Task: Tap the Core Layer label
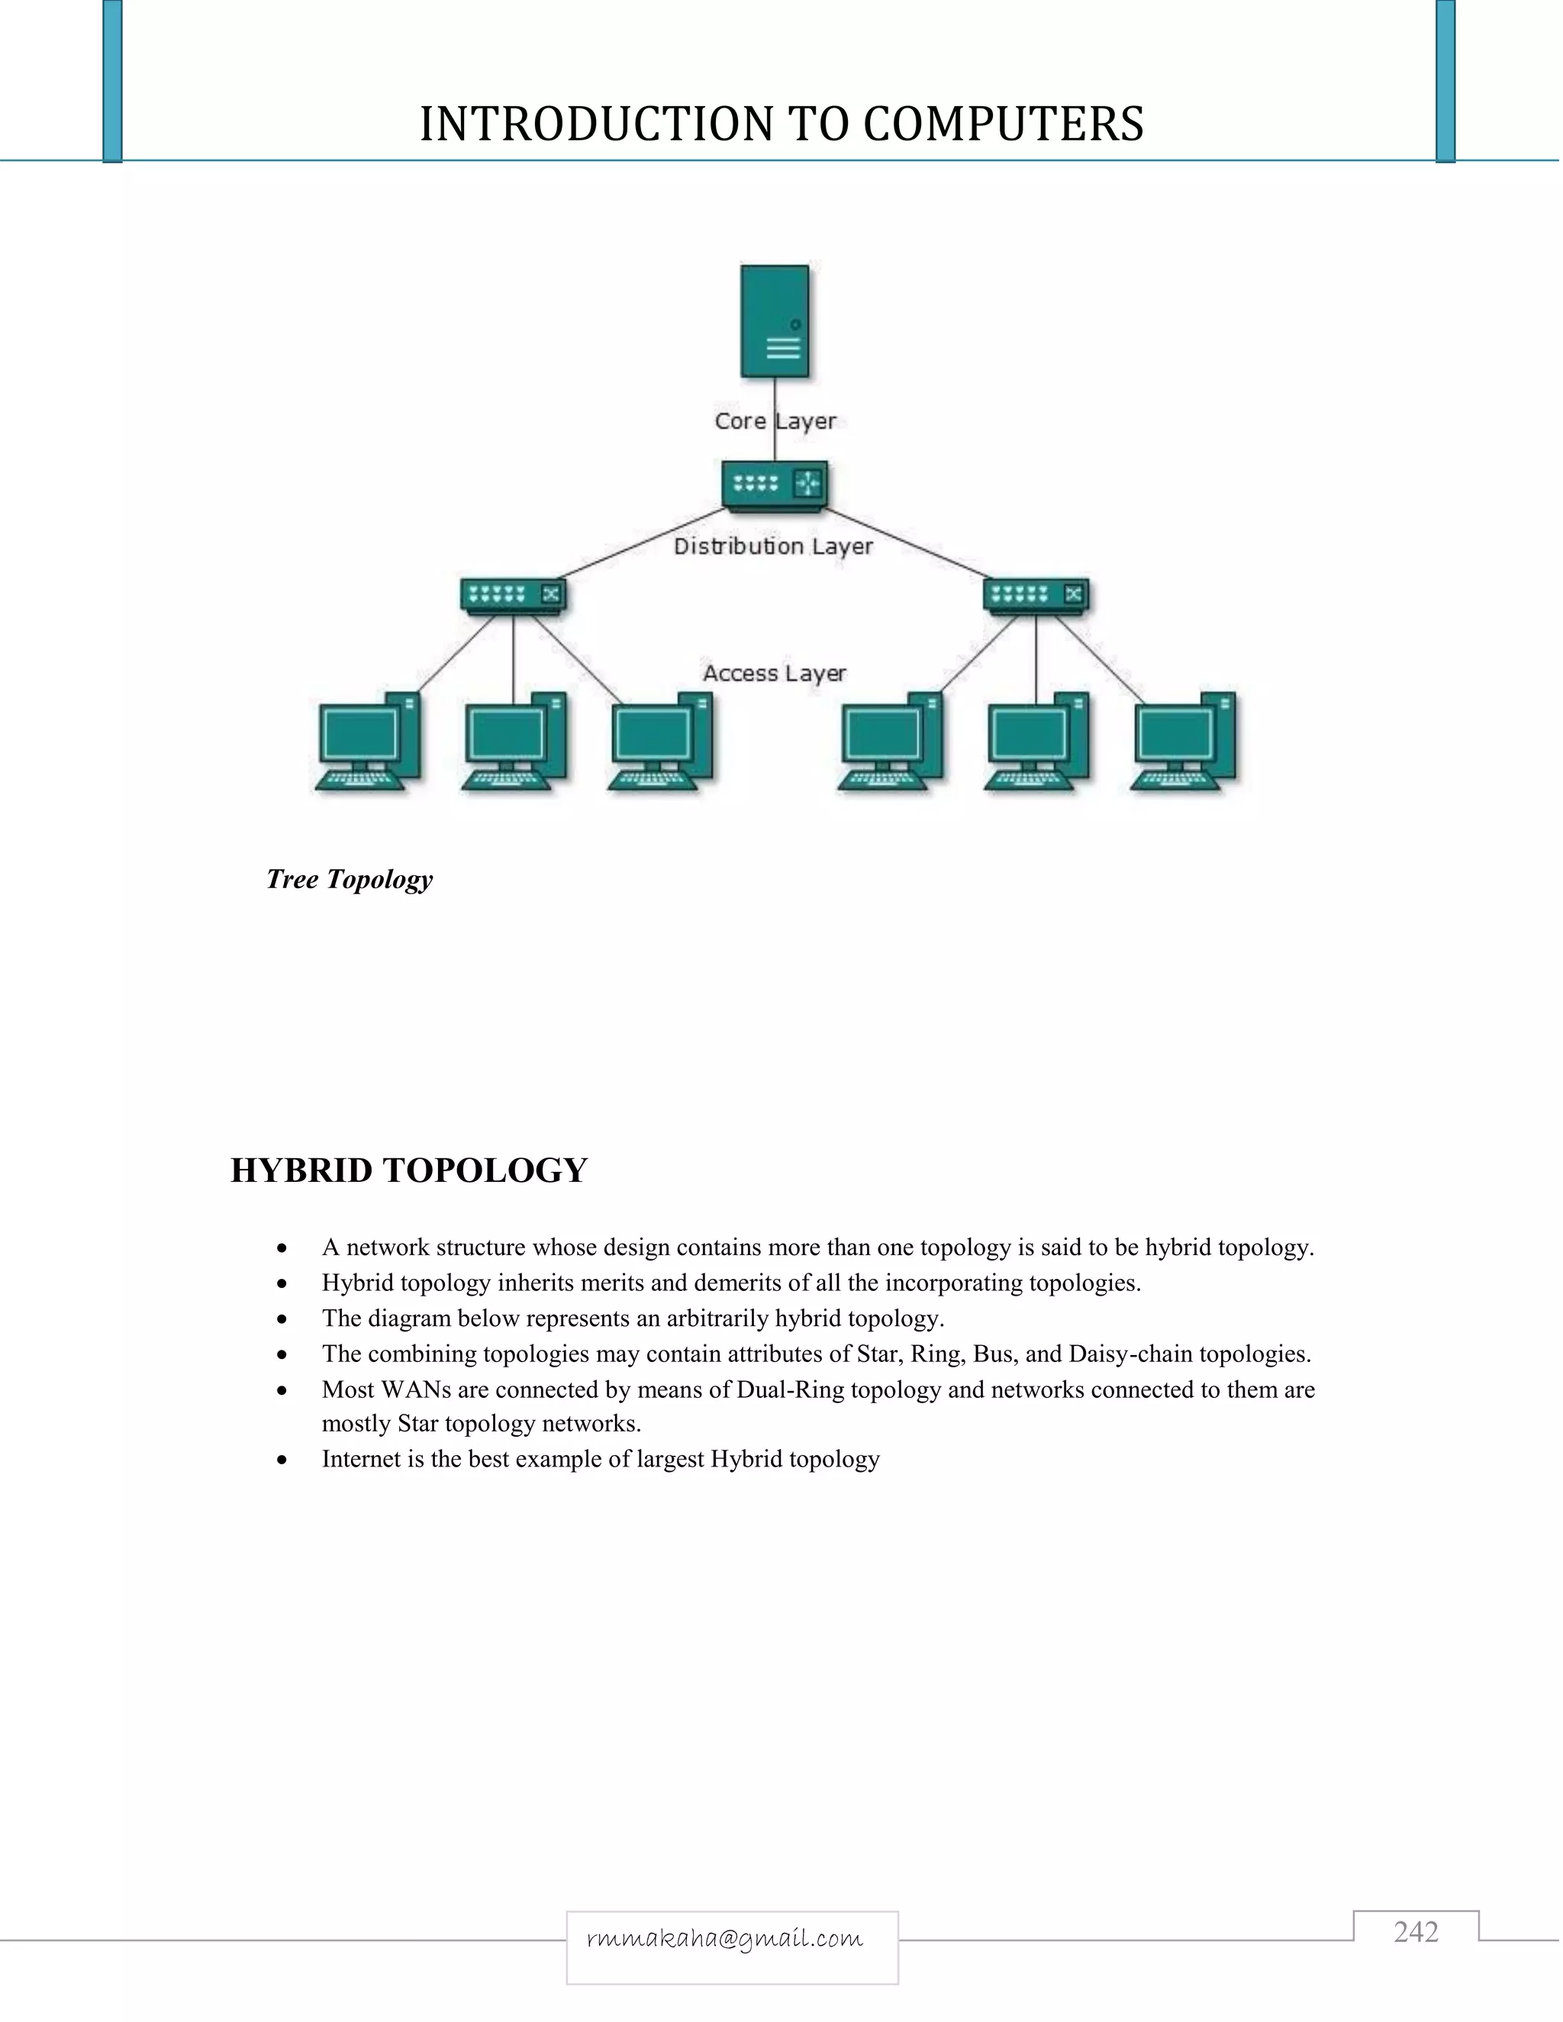tap(775, 421)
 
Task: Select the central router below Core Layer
tap(774, 485)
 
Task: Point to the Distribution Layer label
tap(773, 546)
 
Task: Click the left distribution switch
tap(513, 594)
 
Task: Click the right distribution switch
tap(1035, 594)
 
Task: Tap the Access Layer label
tap(774, 673)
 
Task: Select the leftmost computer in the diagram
tap(368, 742)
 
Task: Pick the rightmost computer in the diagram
tap(1184, 742)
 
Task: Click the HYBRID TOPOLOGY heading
tap(408, 1170)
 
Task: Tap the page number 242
tap(1416, 1931)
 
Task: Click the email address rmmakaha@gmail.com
tap(725, 1939)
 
